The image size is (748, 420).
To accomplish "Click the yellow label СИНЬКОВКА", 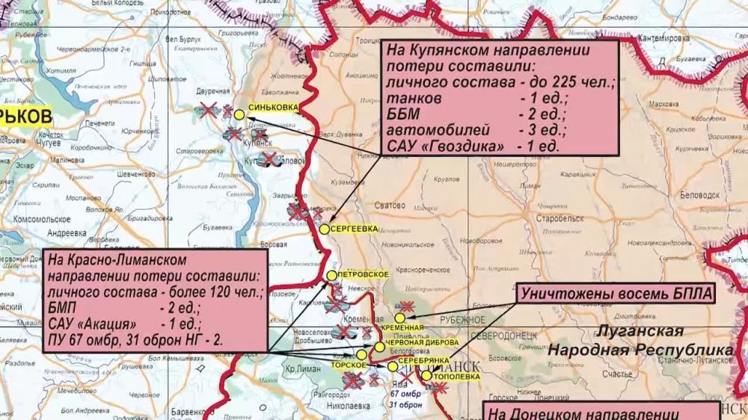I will tap(272, 108).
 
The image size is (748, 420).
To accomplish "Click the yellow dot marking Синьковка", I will tap(239, 115).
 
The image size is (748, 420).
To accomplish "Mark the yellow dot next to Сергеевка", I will tap(324, 229).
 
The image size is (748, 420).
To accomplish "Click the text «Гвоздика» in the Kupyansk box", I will tap(462, 146).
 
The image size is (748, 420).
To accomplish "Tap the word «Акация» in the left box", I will tap(105, 324).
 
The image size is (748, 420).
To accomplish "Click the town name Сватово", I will tap(391, 204).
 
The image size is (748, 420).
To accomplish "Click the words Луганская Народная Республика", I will tap(639, 341).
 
